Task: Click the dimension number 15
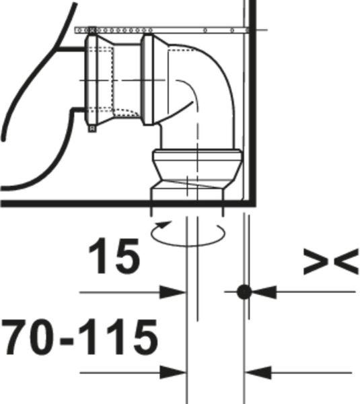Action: point(114,256)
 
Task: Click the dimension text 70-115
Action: point(80,337)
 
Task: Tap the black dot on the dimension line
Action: point(244,292)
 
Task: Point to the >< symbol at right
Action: point(331,261)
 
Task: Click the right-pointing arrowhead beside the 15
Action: point(172,292)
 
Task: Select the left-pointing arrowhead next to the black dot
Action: point(264,292)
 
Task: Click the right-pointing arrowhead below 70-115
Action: point(172,372)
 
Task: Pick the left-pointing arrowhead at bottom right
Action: point(258,372)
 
